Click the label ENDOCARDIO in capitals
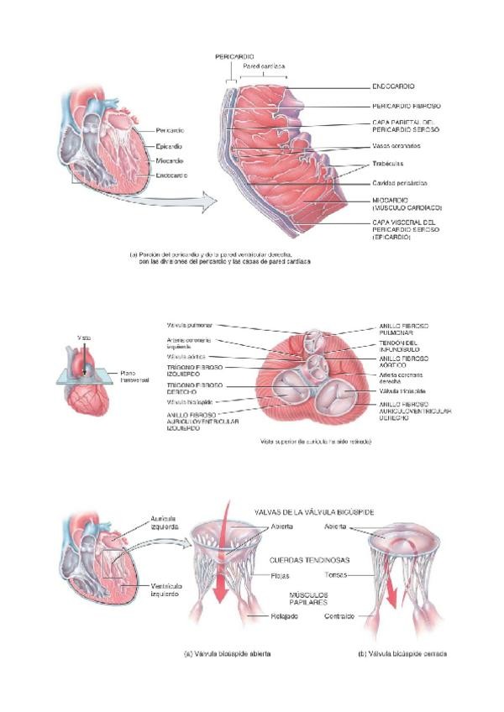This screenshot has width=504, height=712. point(393,86)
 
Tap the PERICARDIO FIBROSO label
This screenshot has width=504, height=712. point(407,106)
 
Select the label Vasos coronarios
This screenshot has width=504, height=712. point(396,145)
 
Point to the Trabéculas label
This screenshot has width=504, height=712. point(387,163)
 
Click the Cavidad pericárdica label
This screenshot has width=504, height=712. point(399,183)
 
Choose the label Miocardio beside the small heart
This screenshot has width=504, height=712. point(170,160)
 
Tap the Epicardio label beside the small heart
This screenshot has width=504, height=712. point(170,145)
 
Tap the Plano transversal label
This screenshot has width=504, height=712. point(134,376)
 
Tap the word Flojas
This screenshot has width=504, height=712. point(256,577)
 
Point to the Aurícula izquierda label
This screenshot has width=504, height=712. point(164,523)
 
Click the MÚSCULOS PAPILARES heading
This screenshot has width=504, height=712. point(303,598)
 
